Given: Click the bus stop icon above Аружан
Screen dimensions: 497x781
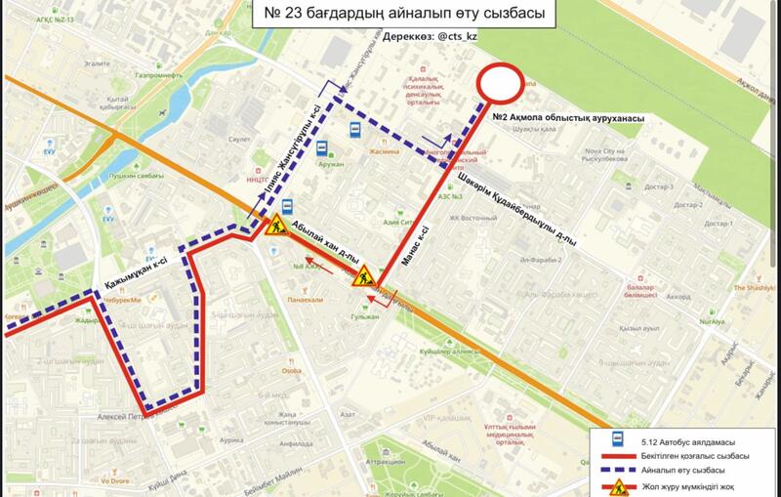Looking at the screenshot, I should coord(320,148).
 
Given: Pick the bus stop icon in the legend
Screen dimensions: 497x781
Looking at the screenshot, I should coord(617,440).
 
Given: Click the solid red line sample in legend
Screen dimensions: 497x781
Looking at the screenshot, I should coord(617,456).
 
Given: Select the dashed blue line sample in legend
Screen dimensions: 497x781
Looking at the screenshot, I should coord(617,471).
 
